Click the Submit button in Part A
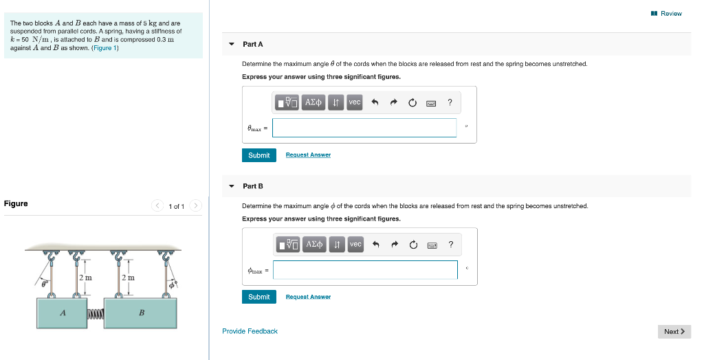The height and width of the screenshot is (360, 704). click(x=258, y=155)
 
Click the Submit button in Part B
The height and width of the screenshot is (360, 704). click(x=258, y=297)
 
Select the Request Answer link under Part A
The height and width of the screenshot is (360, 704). click(x=308, y=155)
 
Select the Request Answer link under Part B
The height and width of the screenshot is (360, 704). click(x=308, y=297)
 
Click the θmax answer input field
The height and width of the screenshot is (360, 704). click(x=364, y=128)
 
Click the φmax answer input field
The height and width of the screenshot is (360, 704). click(x=365, y=270)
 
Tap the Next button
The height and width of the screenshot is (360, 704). click(x=674, y=332)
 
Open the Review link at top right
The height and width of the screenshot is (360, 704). click(x=666, y=13)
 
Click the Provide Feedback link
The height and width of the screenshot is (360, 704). click(x=250, y=331)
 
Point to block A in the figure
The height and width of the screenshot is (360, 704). click(x=63, y=313)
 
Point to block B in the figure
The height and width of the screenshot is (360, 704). click(x=142, y=313)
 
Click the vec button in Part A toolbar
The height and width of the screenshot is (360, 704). click(x=355, y=102)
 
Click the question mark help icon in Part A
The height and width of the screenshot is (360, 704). click(x=450, y=102)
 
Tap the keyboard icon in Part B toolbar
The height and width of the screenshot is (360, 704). click(x=431, y=245)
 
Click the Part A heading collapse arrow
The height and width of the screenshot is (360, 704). click(x=231, y=45)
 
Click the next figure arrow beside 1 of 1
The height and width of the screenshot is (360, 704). click(x=196, y=205)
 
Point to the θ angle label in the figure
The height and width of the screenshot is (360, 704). click(x=43, y=282)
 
